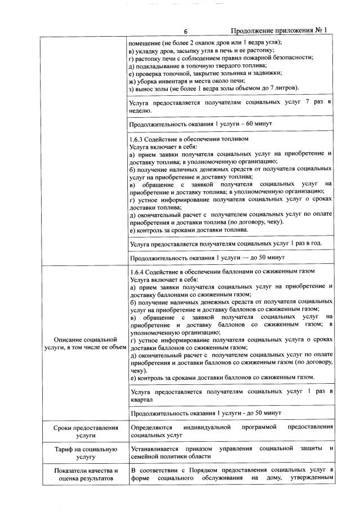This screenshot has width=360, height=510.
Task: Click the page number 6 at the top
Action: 185,31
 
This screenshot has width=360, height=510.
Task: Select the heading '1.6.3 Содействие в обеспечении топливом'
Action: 189,139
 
